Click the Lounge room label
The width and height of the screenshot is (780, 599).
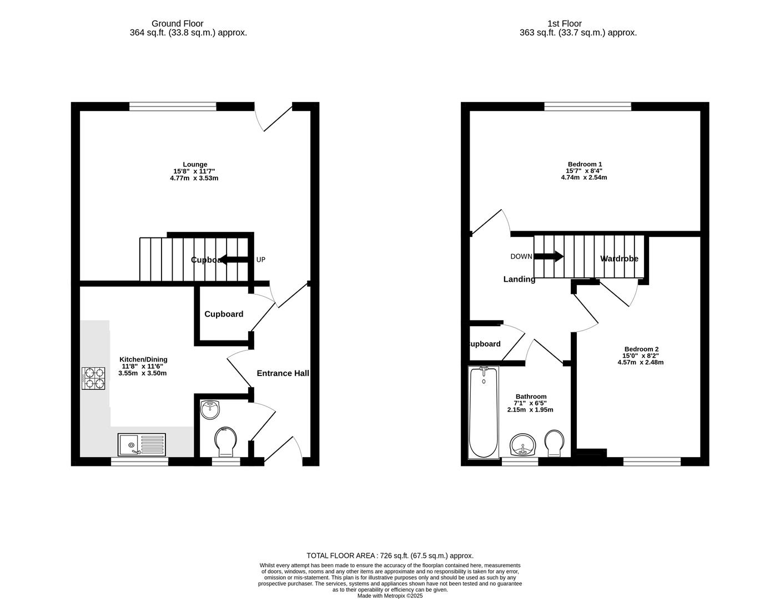(x=195, y=164)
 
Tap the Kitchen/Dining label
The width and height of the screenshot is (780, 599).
(x=143, y=359)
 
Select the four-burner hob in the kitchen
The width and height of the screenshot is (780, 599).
(x=94, y=378)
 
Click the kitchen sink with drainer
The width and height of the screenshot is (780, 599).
(x=142, y=445)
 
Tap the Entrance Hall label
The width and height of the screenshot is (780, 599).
(x=283, y=373)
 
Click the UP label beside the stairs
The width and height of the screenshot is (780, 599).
(x=260, y=260)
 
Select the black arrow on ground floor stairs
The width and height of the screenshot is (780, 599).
(x=234, y=260)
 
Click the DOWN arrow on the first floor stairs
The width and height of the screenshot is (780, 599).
(x=548, y=256)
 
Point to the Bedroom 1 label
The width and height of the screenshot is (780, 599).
(x=583, y=164)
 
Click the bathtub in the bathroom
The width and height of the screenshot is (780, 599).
(x=484, y=412)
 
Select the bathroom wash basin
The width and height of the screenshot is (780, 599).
(x=523, y=445)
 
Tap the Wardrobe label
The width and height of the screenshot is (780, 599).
(x=619, y=258)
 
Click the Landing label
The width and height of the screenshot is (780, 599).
(x=519, y=279)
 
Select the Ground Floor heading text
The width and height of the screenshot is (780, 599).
(x=177, y=24)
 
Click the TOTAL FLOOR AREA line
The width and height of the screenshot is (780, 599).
(x=390, y=555)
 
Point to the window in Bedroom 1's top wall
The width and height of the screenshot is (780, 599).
(x=587, y=106)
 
